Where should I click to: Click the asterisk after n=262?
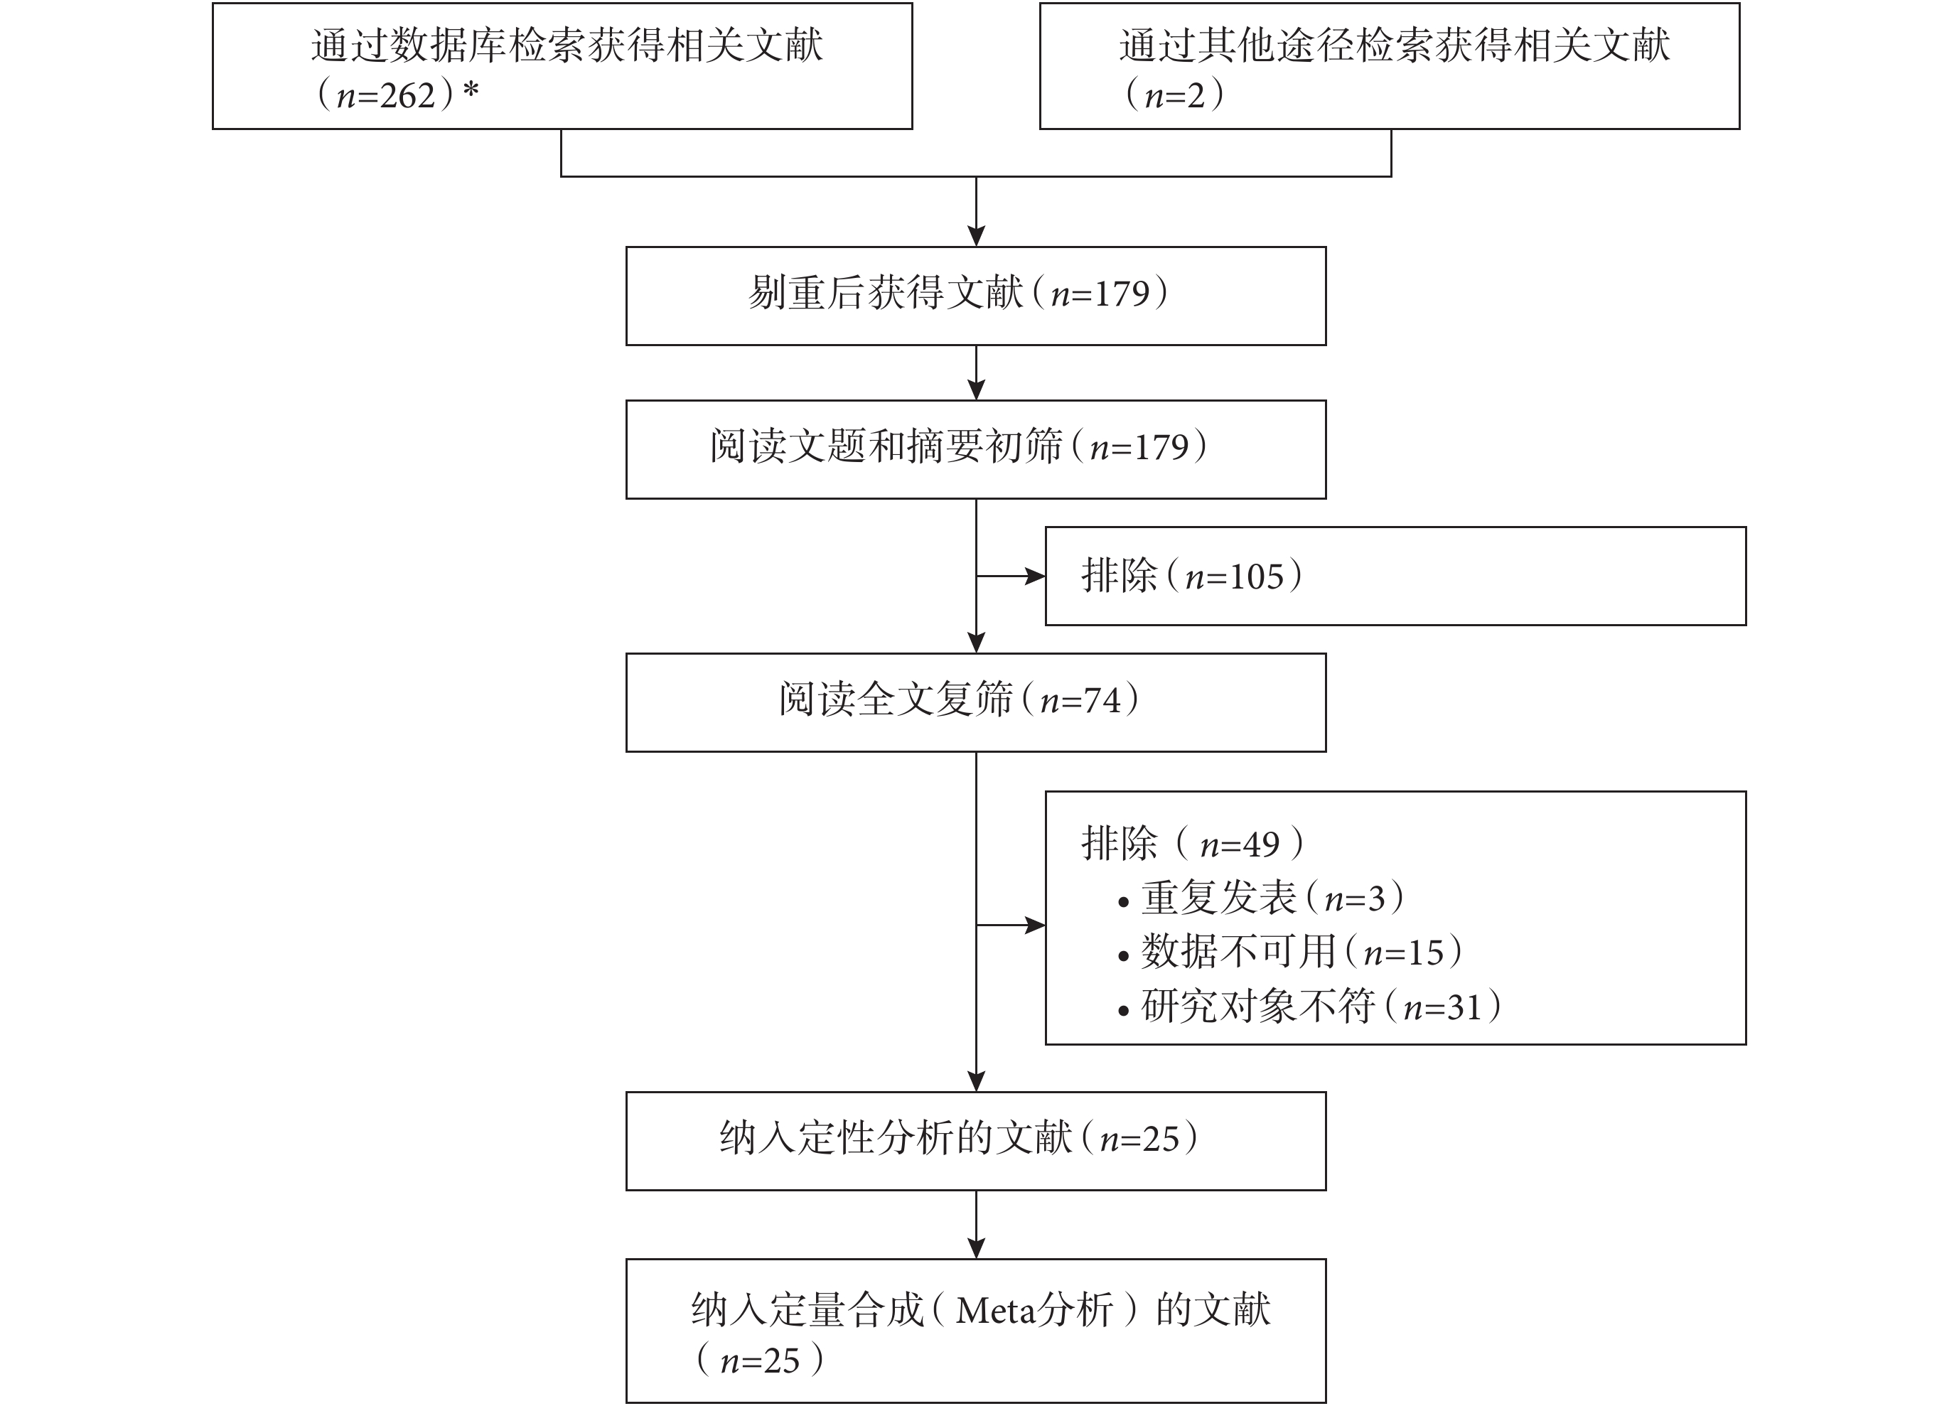tap(471, 90)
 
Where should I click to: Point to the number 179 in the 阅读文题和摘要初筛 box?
tap(1161, 447)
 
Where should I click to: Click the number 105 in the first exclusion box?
tap(1257, 577)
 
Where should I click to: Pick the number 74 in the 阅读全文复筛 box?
tap(1102, 700)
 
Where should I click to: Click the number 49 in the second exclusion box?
tap(1261, 844)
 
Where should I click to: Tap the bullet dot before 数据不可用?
tap(1123, 957)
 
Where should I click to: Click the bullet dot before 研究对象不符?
tap(1123, 1011)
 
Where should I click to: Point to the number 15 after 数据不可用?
tap(1425, 952)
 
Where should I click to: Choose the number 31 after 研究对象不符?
tap(1464, 1008)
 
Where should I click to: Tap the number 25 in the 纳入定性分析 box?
tap(1161, 1140)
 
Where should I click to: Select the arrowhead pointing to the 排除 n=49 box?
tap(1035, 925)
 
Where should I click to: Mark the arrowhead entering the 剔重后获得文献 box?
tap(976, 237)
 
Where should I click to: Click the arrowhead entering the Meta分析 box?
tap(976, 1249)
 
